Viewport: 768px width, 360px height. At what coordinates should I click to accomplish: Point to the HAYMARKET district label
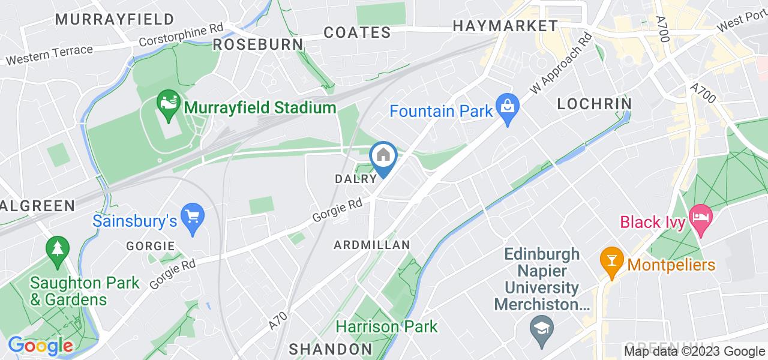click(x=505, y=26)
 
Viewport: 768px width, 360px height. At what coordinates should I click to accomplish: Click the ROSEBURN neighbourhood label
click(x=258, y=45)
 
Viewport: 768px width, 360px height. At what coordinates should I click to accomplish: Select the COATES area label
click(x=357, y=32)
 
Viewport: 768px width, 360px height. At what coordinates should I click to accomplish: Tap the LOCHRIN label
click(x=594, y=104)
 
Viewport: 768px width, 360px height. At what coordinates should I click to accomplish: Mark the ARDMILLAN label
click(x=372, y=245)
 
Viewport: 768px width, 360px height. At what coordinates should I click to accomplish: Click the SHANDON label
click(x=331, y=349)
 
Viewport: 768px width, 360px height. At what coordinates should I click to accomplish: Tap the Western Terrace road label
click(x=49, y=55)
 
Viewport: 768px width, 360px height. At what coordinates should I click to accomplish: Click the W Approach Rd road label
click(x=561, y=63)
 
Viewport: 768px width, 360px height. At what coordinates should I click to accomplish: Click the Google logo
click(x=40, y=346)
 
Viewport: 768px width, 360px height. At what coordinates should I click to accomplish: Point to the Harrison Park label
click(x=386, y=327)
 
